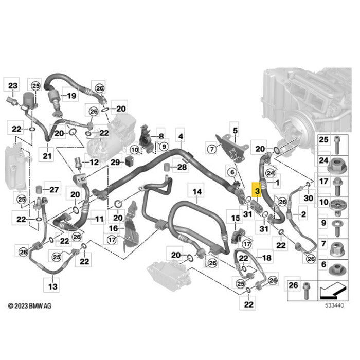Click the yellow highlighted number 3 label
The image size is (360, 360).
tap(257, 190)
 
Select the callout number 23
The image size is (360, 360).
tap(13, 86)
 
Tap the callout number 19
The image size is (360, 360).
tap(71, 95)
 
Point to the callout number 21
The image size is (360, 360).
tap(47, 156)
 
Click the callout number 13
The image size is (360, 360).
tap(53, 286)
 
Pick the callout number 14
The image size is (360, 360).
tap(197, 191)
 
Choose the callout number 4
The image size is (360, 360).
tap(181, 136)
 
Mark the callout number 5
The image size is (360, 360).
tap(235, 131)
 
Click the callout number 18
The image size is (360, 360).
tap(267, 258)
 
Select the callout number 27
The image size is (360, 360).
tap(54, 190)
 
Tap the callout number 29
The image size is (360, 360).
tap(116, 162)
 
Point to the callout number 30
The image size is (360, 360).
tap(309, 198)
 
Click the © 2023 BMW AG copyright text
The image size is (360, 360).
tap(30, 306)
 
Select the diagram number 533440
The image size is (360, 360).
tap(334, 305)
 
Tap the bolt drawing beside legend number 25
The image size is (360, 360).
tap(337, 145)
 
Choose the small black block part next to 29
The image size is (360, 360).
tap(129, 160)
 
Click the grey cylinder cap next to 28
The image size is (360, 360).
tap(167, 167)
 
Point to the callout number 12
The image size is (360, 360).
tap(94, 162)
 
